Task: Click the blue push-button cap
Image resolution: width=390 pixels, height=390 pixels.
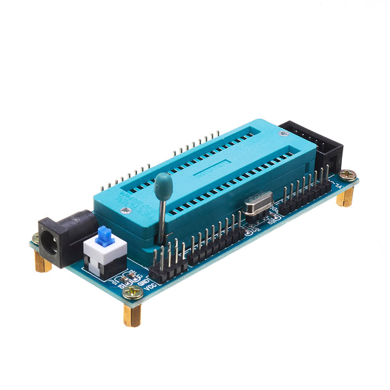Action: [104, 235]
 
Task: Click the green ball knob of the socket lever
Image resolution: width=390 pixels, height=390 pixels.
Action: [163, 183]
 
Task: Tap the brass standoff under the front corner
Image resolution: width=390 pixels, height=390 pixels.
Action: [132, 315]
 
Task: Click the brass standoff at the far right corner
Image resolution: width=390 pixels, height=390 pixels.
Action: [345, 197]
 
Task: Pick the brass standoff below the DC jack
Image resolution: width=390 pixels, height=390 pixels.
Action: [42, 262]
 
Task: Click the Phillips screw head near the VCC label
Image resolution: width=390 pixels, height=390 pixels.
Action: [134, 294]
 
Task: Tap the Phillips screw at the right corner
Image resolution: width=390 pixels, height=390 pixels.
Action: [348, 174]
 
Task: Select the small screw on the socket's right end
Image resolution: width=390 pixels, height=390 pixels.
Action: [283, 133]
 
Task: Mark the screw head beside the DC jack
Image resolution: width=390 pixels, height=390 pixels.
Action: [35, 238]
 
